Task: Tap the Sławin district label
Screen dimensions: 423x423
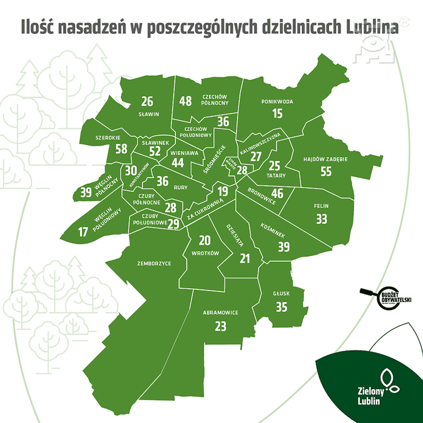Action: (149, 114)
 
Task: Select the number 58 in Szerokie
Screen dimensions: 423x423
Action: (121, 149)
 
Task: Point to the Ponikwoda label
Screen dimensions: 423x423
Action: (277, 102)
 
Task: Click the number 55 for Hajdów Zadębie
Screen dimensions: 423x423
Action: (326, 171)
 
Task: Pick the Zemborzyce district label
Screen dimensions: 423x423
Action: (154, 263)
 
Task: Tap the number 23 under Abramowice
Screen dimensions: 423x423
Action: (220, 326)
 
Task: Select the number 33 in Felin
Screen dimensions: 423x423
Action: (322, 219)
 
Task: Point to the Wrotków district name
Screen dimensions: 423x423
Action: (205, 253)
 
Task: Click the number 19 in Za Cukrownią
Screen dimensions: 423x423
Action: (223, 191)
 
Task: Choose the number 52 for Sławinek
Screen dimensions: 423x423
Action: (155, 151)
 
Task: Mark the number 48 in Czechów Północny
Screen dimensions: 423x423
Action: (185, 101)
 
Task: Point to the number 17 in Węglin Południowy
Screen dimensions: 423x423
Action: (83, 232)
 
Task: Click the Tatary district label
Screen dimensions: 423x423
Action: (276, 175)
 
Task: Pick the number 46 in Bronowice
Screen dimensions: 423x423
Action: (277, 193)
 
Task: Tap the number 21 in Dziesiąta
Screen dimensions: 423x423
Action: (245, 258)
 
